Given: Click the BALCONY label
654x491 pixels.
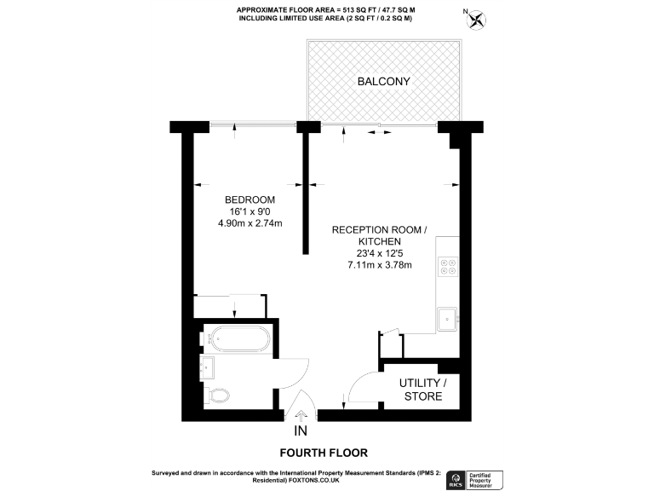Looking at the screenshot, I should coord(383,82).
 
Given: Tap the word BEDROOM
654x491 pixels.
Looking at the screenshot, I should coord(250,199).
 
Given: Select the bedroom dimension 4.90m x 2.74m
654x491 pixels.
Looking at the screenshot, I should coord(250,223).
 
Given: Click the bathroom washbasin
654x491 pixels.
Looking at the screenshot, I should coord(208,369).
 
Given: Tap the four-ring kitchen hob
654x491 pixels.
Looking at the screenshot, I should coord(448,267).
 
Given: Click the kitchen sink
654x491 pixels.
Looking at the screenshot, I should coord(447,320).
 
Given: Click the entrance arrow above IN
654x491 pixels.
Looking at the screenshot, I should coord(301,415).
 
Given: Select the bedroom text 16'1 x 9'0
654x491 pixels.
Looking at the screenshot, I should coord(250,211).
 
